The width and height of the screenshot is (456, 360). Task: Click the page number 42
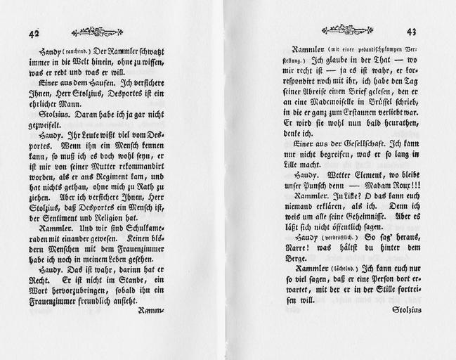pyautogui.click(x=34, y=33)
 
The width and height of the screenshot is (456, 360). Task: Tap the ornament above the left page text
pyautogui.click(x=97, y=32)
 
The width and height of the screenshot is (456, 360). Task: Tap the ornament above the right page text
pyautogui.click(x=346, y=30)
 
